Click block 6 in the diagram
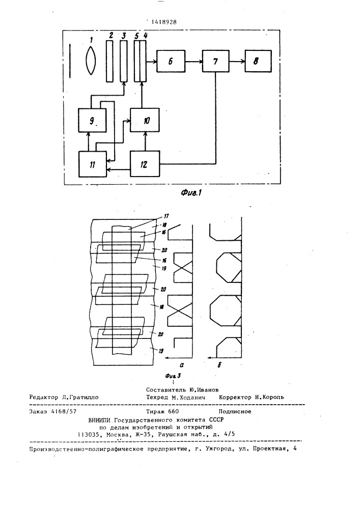point(171,61)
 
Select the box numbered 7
point(215,61)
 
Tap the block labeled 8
point(258,61)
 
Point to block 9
point(92,120)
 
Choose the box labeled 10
point(145,120)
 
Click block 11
point(93,164)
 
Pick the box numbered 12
point(145,164)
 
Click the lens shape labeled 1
point(91,61)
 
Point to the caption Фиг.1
point(192,192)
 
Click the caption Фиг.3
point(173,376)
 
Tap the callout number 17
point(166,215)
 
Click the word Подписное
point(235,411)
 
